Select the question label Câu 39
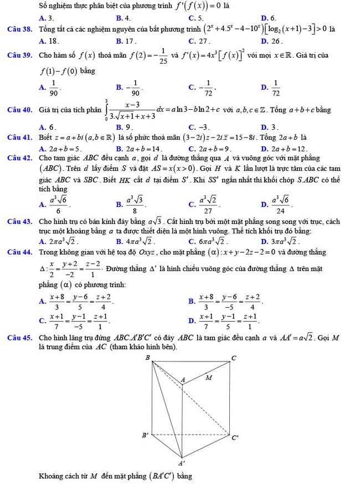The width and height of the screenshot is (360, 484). click(20, 55)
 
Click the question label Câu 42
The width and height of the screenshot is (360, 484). click(20, 157)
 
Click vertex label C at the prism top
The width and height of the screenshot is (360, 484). click(233, 359)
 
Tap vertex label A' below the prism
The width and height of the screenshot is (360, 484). click(181, 462)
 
